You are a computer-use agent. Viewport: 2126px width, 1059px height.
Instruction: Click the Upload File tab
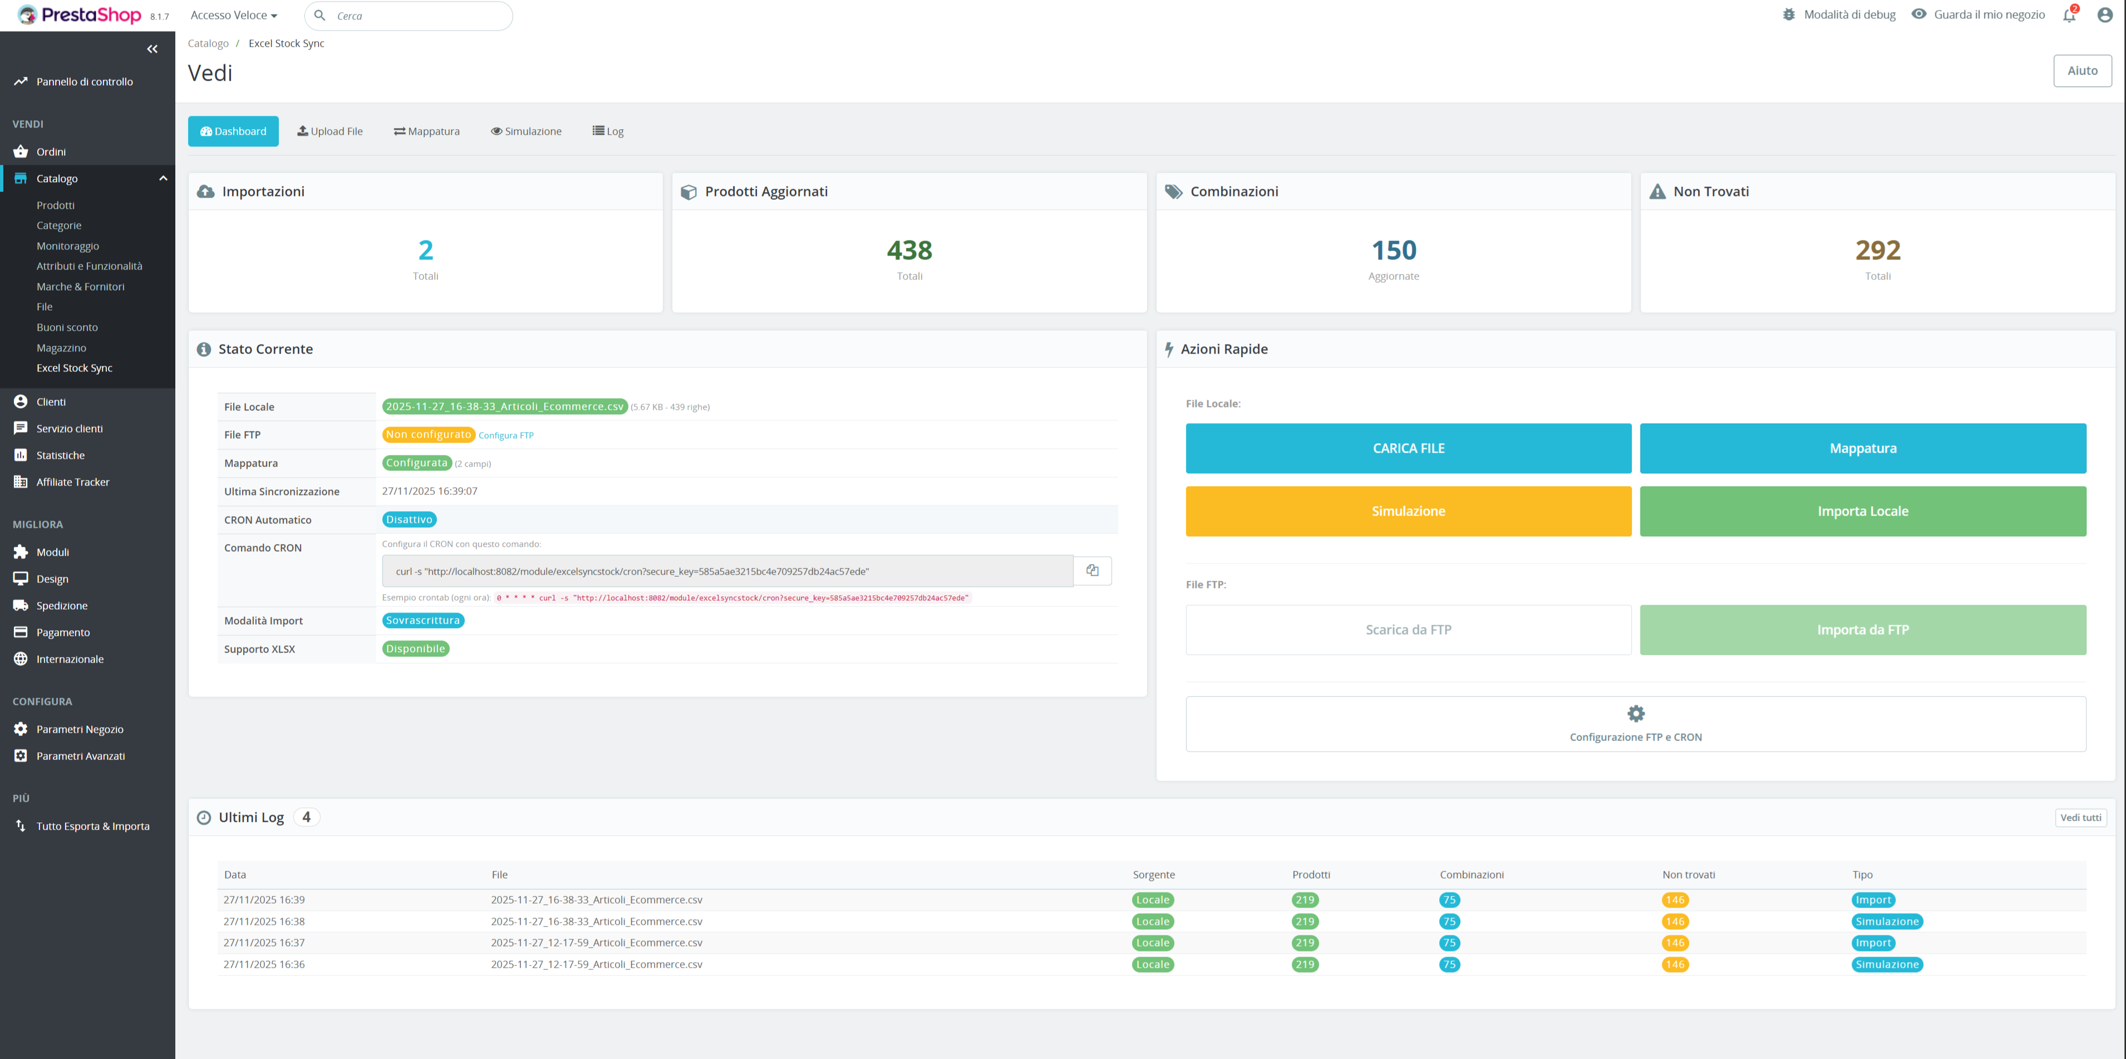(330, 131)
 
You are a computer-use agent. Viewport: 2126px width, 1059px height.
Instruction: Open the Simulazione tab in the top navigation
(526, 131)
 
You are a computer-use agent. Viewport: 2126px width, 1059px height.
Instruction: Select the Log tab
(608, 131)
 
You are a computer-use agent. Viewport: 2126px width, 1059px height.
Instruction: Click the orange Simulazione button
(1408, 511)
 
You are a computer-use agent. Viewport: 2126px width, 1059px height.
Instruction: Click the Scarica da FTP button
(1408, 630)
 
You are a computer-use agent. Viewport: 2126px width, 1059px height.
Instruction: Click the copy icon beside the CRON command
(1092, 570)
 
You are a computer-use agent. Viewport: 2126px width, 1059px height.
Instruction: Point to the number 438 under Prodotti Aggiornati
(909, 250)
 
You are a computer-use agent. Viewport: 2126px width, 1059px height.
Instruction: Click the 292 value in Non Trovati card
(1878, 250)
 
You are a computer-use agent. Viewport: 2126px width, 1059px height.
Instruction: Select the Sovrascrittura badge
(422, 621)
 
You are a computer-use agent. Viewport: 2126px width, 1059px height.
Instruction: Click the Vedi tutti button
(2080, 817)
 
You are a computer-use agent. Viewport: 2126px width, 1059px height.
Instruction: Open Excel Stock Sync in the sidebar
(74, 368)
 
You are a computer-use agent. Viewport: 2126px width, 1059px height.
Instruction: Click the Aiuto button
(2081, 71)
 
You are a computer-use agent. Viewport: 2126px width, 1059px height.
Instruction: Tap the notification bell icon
(2068, 15)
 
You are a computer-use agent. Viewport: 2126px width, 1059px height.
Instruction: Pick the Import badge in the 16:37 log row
(1873, 943)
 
